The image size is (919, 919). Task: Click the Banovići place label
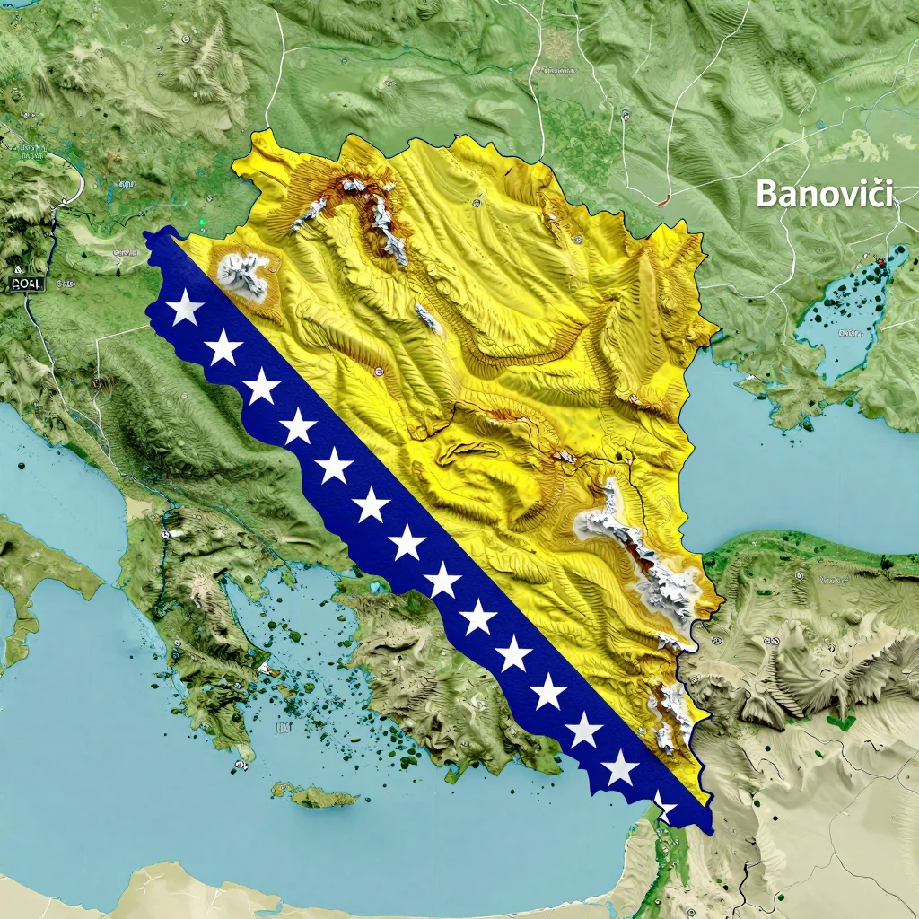[824, 194]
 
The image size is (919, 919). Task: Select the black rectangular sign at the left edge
[26, 284]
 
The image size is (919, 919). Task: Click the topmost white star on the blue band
[186, 307]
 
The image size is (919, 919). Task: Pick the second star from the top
[223, 346]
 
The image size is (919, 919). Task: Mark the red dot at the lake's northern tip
[881, 262]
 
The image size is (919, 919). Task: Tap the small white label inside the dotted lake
[849, 333]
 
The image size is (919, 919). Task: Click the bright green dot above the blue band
[203, 222]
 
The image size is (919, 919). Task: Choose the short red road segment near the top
[663, 202]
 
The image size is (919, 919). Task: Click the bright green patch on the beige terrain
[841, 720]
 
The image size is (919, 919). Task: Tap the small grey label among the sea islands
[283, 728]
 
